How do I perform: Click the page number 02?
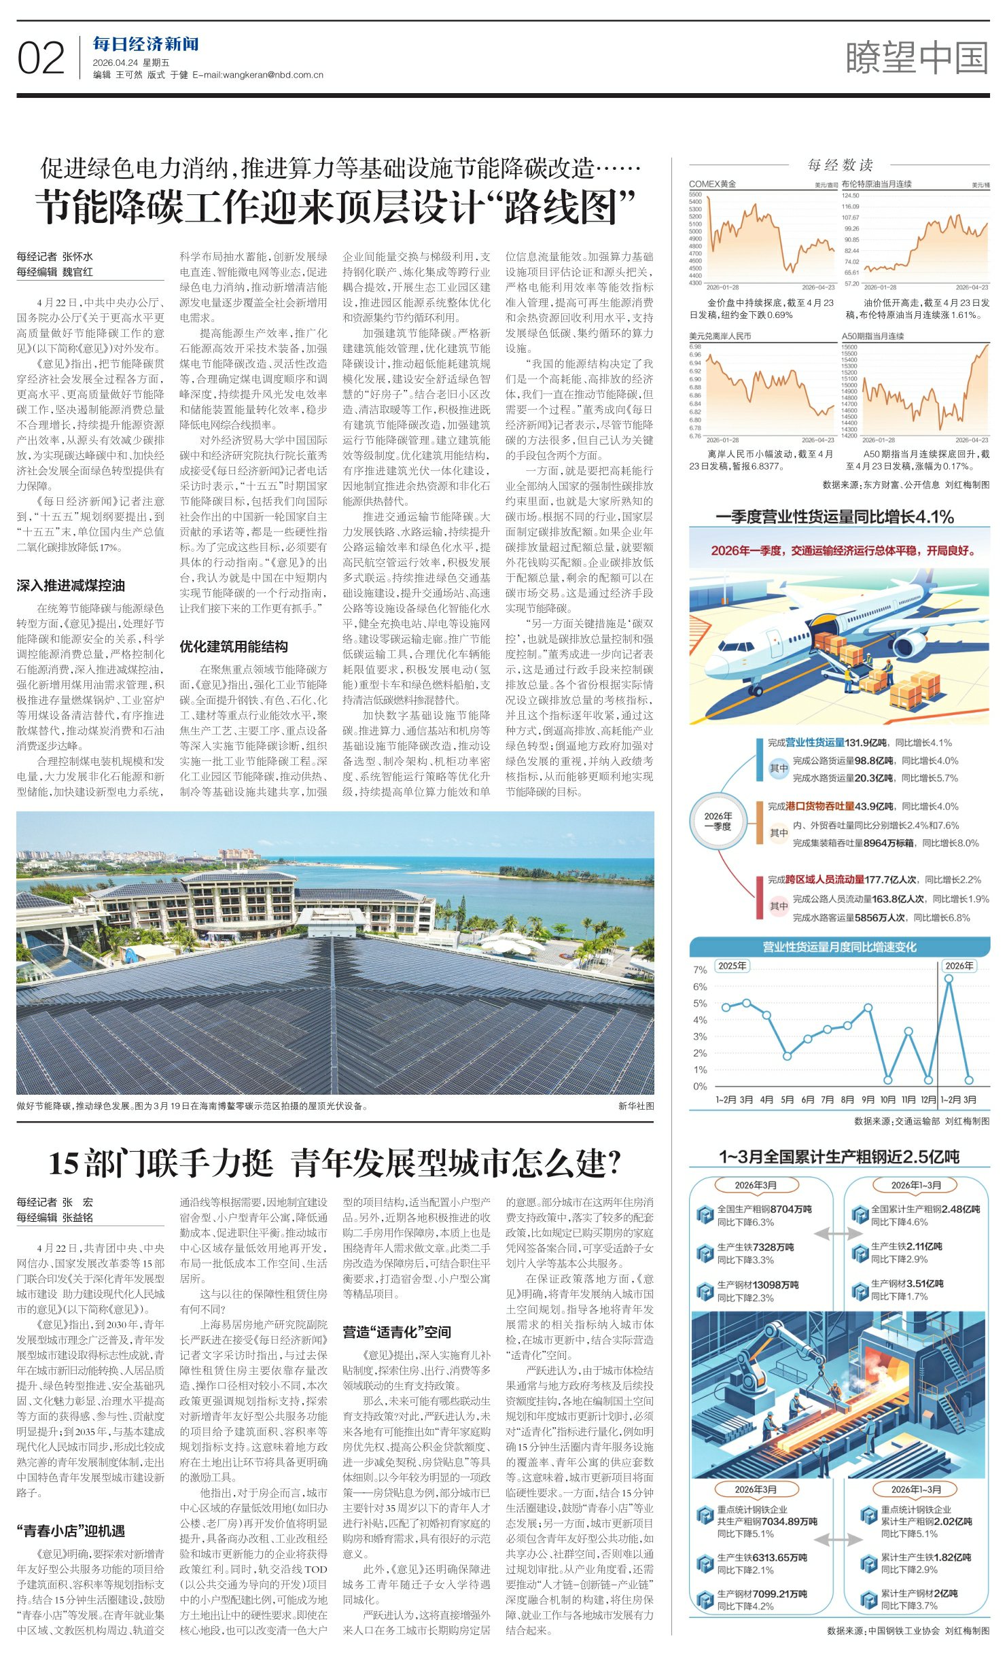pyautogui.click(x=41, y=58)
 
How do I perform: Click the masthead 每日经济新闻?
pyautogui.click(x=145, y=44)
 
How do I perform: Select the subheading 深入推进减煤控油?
pyautogui.click(x=71, y=586)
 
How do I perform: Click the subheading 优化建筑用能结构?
pyautogui.click(x=234, y=646)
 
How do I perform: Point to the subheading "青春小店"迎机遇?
pyautogui.click(x=71, y=1530)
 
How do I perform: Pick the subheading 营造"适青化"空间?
pyautogui.click(x=397, y=1332)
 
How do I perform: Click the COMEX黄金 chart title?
pyautogui.click(x=712, y=184)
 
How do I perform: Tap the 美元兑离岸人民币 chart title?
pyautogui.click(x=720, y=336)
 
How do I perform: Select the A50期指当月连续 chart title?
pyautogui.click(x=872, y=336)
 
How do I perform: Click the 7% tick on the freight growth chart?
pyautogui.click(x=700, y=970)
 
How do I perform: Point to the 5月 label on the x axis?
pyautogui.click(x=787, y=1099)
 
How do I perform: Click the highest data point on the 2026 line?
pyautogui.click(x=949, y=979)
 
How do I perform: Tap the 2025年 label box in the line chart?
pyautogui.click(x=732, y=966)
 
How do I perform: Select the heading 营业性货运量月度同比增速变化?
pyautogui.click(x=839, y=947)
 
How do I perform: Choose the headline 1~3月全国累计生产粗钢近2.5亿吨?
pyautogui.click(x=839, y=1157)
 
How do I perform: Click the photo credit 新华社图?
pyautogui.click(x=635, y=1106)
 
